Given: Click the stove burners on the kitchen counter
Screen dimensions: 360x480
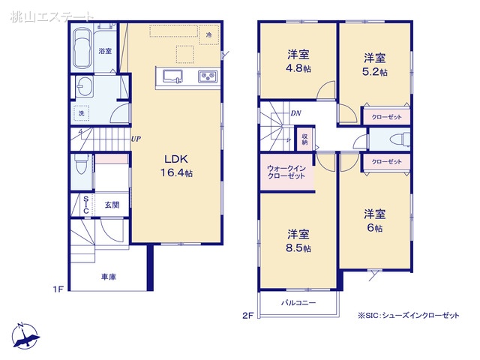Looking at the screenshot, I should tap(207, 76).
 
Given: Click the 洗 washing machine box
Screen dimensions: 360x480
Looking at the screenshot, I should tap(82, 113).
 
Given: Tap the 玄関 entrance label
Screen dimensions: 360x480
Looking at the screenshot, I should tap(112, 204).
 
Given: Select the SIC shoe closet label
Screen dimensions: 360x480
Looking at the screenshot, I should tap(86, 205).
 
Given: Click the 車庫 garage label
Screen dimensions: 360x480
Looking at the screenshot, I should tap(109, 276).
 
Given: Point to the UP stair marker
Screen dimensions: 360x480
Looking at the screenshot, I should tap(136, 139).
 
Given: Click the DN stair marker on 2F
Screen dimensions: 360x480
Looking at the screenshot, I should tap(295, 113).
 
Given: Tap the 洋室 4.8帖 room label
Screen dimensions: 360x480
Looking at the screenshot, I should tap(299, 61).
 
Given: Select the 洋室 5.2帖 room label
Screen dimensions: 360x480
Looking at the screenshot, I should tap(376, 64).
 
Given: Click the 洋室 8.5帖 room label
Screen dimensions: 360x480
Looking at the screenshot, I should tap(299, 241).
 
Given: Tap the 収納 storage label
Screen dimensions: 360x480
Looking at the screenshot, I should tap(304, 138).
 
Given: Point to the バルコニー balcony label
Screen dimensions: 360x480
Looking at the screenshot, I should tap(298, 303).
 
